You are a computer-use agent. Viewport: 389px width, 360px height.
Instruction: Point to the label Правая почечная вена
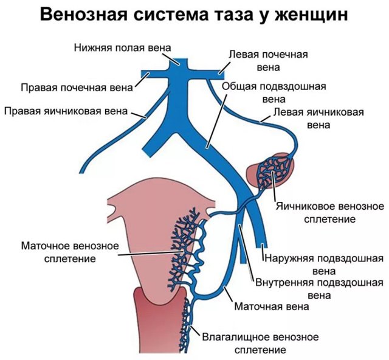(76, 87)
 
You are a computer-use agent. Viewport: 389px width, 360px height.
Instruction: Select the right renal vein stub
(149, 74)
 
